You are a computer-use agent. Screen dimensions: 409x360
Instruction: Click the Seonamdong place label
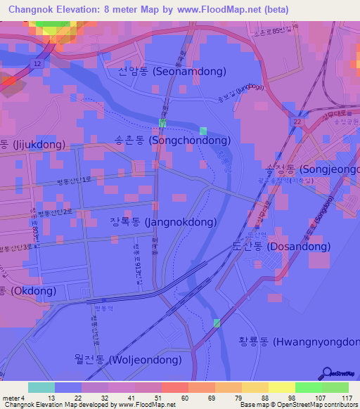(172, 72)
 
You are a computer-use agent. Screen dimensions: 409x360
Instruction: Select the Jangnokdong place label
(162, 222)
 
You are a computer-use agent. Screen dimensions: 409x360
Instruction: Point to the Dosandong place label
(281, 247)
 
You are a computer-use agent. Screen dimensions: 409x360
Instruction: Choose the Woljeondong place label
(127, 359)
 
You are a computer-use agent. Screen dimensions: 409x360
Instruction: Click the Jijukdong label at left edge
(32, 145)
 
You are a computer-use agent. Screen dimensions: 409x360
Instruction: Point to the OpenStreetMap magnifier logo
(328, 372)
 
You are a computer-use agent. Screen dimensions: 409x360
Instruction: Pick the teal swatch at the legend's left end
(41, 387)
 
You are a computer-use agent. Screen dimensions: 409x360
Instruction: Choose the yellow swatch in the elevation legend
(282, 387)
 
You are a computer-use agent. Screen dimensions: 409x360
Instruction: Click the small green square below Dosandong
(217, 323)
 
